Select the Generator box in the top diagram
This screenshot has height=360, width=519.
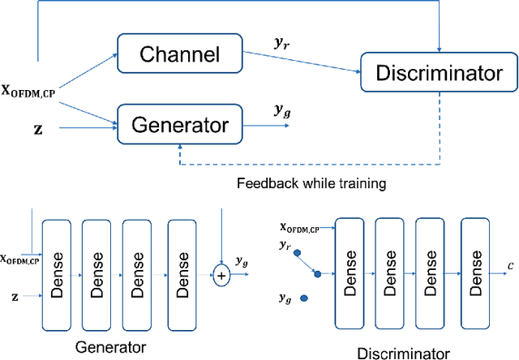(179, 124)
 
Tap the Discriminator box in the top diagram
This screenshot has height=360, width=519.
(437, 74)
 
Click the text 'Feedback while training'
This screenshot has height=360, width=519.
(311, 183)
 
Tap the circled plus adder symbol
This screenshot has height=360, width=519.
(221, 276)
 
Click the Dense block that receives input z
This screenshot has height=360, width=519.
(58, 275)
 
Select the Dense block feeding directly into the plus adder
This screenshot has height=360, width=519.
(182, 275)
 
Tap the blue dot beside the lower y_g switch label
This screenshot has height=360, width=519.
(303, 298)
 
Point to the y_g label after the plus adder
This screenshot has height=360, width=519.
(242, 260)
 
